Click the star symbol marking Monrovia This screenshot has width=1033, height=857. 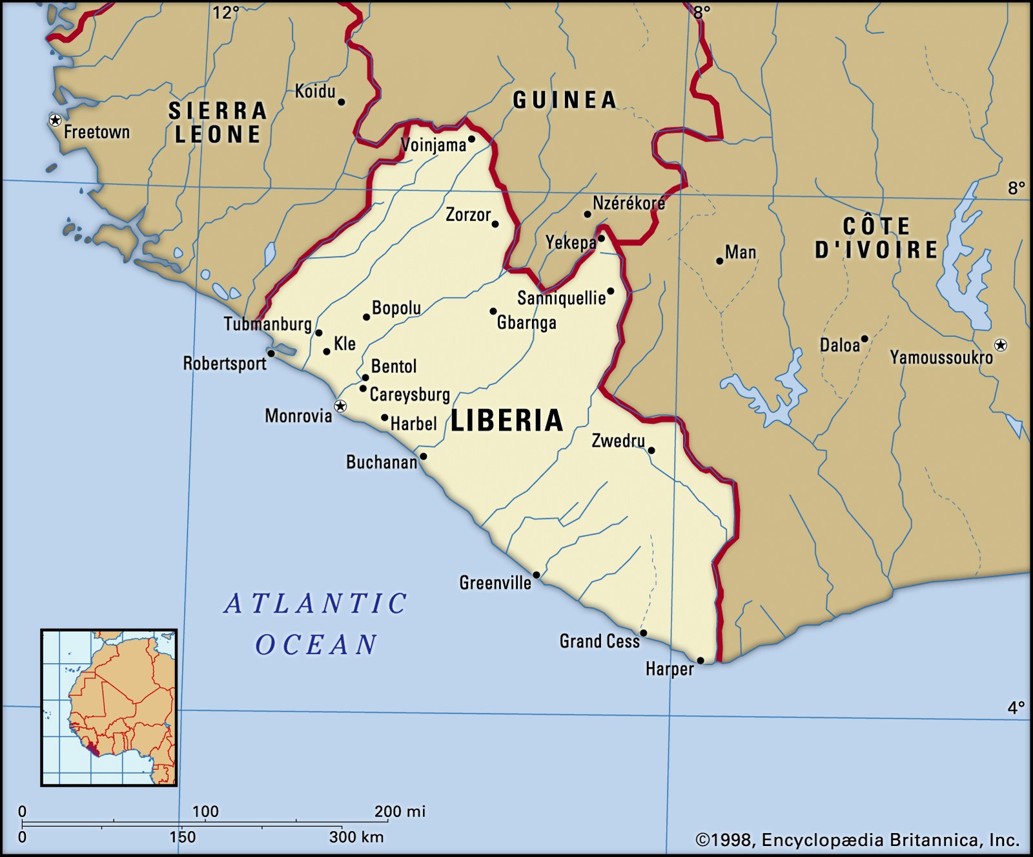click(340, 407)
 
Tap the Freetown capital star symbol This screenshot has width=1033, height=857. click(56, 120)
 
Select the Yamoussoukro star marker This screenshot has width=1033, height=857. click(1001, 345)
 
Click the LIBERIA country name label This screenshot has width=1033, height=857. click(507, 421)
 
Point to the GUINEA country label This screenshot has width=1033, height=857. click(565, 100)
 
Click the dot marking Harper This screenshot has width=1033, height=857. click(701, 661)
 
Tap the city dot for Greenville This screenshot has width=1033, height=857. click(537, 575)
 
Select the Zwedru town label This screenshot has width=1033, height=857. click(618, 441)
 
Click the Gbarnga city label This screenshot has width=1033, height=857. click(526, 323)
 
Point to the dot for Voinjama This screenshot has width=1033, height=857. click(471, 139)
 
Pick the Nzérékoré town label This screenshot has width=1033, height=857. click(629, 204)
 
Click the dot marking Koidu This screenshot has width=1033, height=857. click(342, 102)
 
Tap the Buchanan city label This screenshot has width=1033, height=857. click(382, 462)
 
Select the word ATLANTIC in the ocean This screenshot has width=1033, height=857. click(316, 604)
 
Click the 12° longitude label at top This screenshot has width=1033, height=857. click(226, 12)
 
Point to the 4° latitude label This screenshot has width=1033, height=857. click(1016, 708)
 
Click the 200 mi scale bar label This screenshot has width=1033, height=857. click(400, 811)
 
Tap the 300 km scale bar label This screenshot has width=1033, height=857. click(356, 837)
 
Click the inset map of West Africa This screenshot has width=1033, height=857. click(108, 708)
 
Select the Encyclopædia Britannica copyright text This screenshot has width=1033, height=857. click(857, 840)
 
